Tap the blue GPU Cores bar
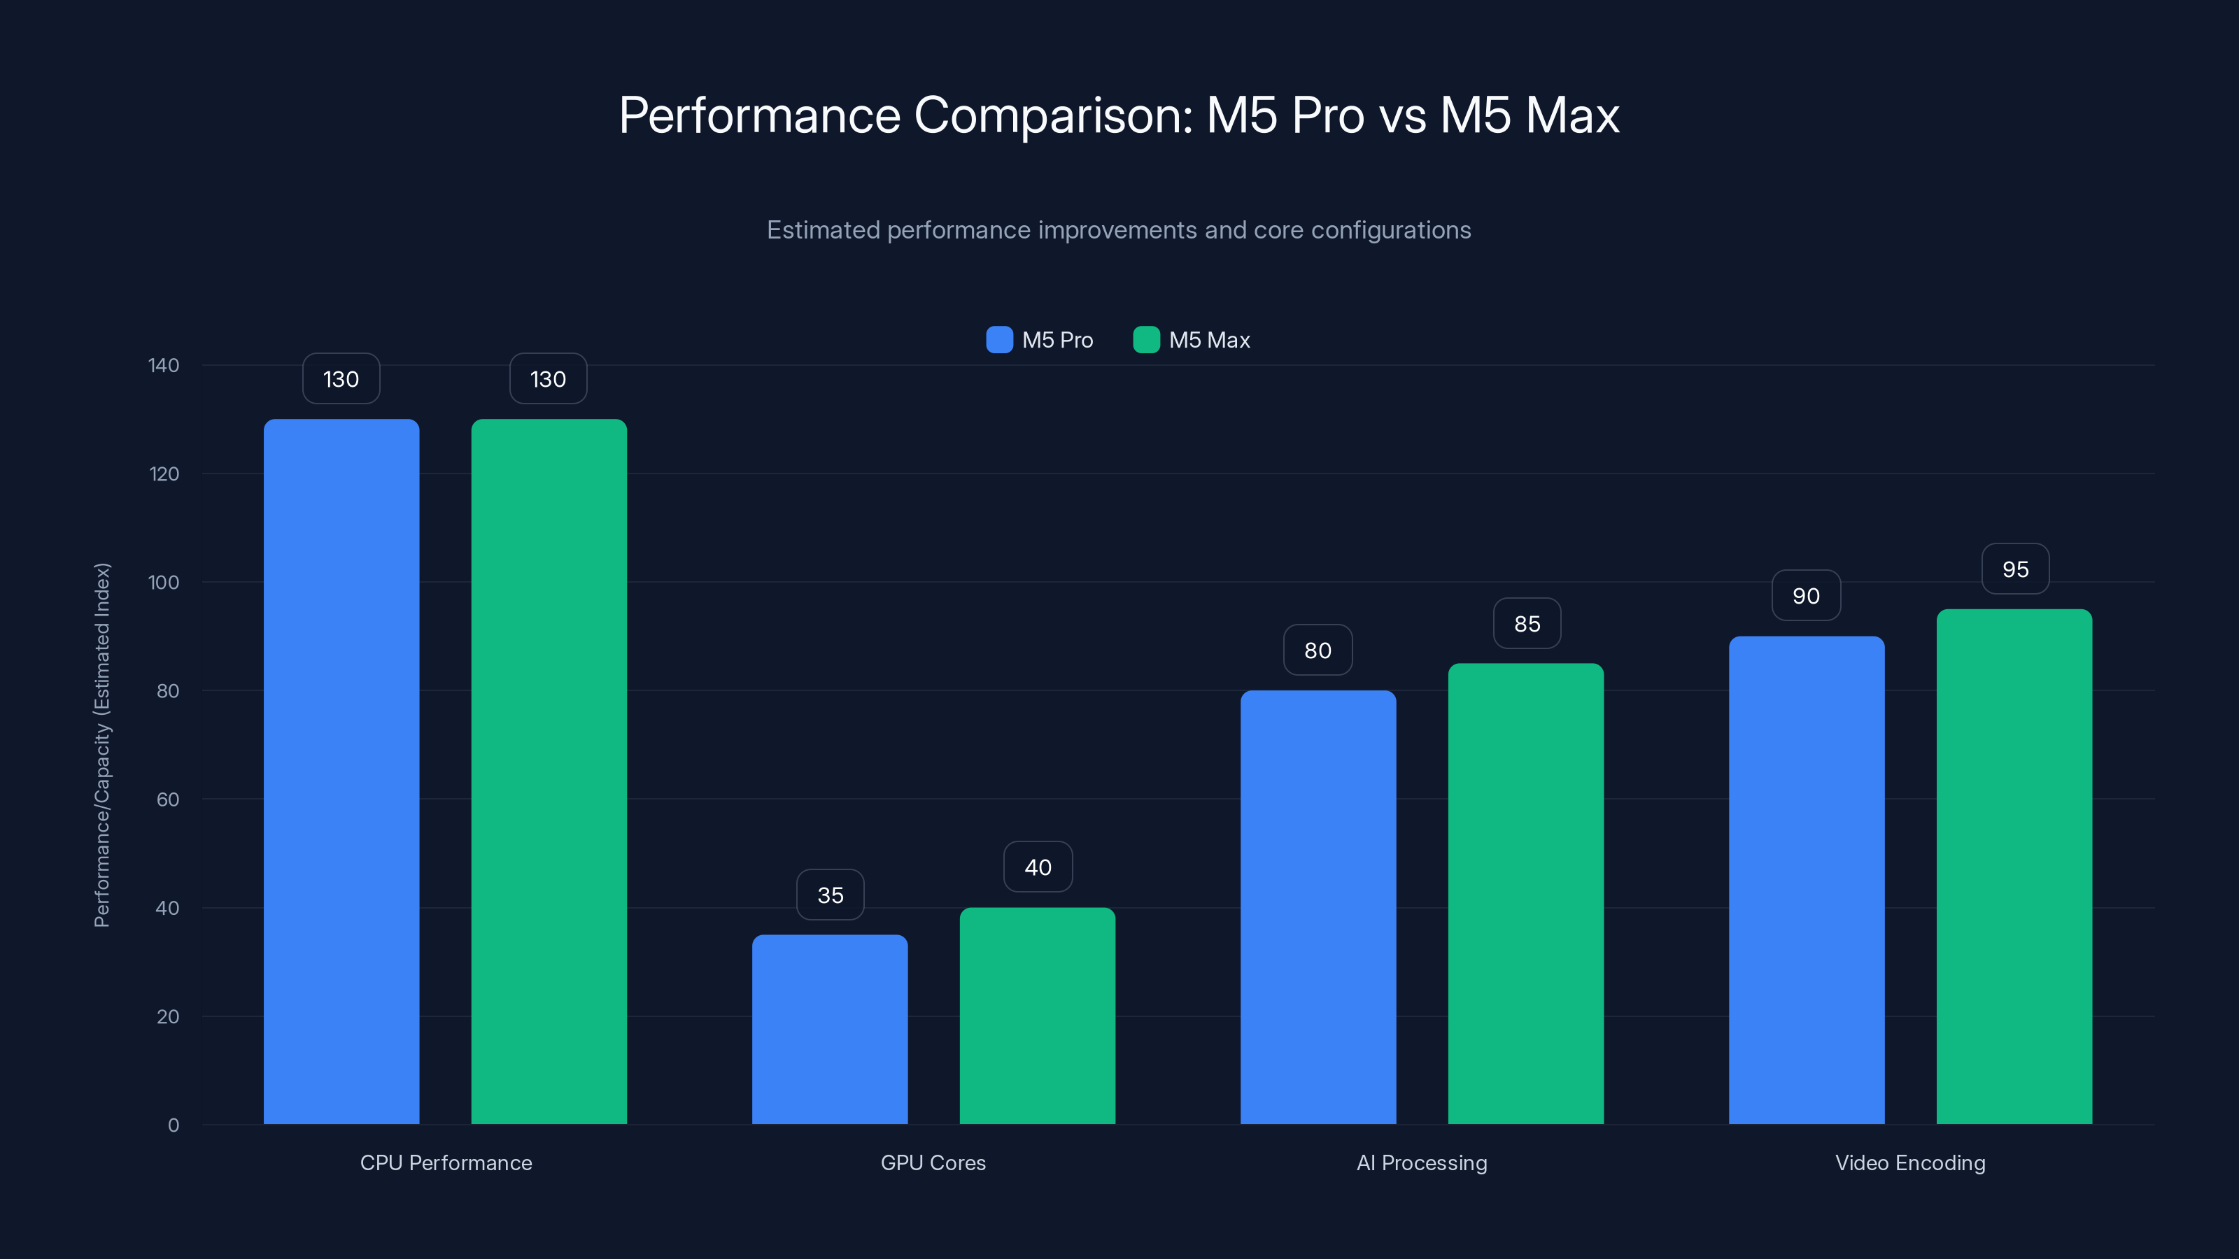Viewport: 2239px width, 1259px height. (829, 1030)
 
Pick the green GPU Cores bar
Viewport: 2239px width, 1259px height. (1037, 1016)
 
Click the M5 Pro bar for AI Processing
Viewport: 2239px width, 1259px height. (1318, 907)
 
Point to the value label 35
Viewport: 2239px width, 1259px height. (830, 895)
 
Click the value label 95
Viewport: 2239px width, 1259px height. (2015, 569)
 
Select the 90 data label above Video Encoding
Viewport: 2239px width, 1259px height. (1805, 596)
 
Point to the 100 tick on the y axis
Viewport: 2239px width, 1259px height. (164, 582)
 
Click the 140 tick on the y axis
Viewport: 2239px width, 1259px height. (164, 365)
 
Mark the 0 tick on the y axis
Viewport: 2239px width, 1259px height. (173, 1125)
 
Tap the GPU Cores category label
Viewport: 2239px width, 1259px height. (933, 1162)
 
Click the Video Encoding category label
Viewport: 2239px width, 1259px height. (1909, 1162)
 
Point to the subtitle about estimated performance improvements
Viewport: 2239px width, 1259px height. (1119, 230)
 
